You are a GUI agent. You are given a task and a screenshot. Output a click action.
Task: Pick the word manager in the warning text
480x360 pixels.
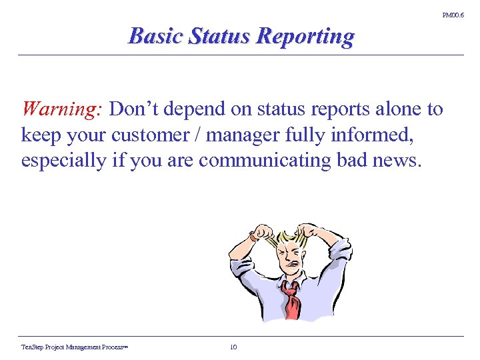(x=239, y=135)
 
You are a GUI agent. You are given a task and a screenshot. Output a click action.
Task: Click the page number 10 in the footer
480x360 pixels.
(x=233, y=347)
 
